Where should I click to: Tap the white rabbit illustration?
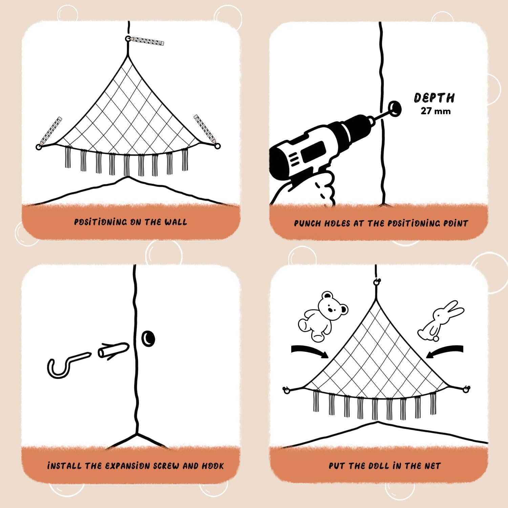pos(440,320)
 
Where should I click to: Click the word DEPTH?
pos(434,98)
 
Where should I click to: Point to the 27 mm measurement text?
pos(436,111)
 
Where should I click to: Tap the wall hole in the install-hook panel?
pos(148,338)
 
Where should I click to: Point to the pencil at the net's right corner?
pos(205,129)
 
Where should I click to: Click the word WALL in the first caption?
pos(175,222)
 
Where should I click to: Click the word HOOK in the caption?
pos(213,466)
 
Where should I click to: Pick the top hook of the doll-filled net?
pos(376,282)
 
